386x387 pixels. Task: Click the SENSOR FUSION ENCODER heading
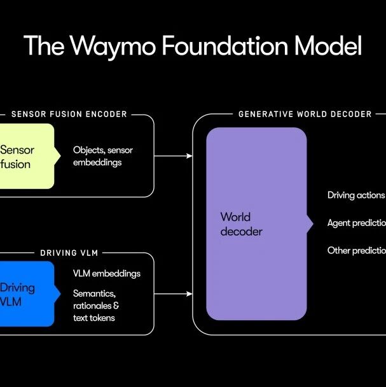pos(69,115)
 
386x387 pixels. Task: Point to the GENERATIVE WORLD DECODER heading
pos(305,115)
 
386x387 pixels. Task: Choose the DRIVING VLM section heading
pos(69,253)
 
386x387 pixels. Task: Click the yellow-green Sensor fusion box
pos(25,157)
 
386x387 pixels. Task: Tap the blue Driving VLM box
pos(25,294)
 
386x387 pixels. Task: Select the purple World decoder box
pos(256,224)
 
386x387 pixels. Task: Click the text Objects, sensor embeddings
pos(103,157)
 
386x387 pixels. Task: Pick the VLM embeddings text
pos(107,274)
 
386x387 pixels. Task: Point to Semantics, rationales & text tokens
pos(97,306)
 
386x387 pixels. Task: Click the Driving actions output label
pos(356,195)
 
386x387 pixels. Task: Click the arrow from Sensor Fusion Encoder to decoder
pos(173,156)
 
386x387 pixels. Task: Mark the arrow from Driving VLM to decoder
pos(173,294)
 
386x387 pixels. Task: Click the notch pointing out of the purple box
pos(310,224)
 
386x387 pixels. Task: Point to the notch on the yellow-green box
pos(58,156)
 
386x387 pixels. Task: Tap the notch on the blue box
pos(58,294)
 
